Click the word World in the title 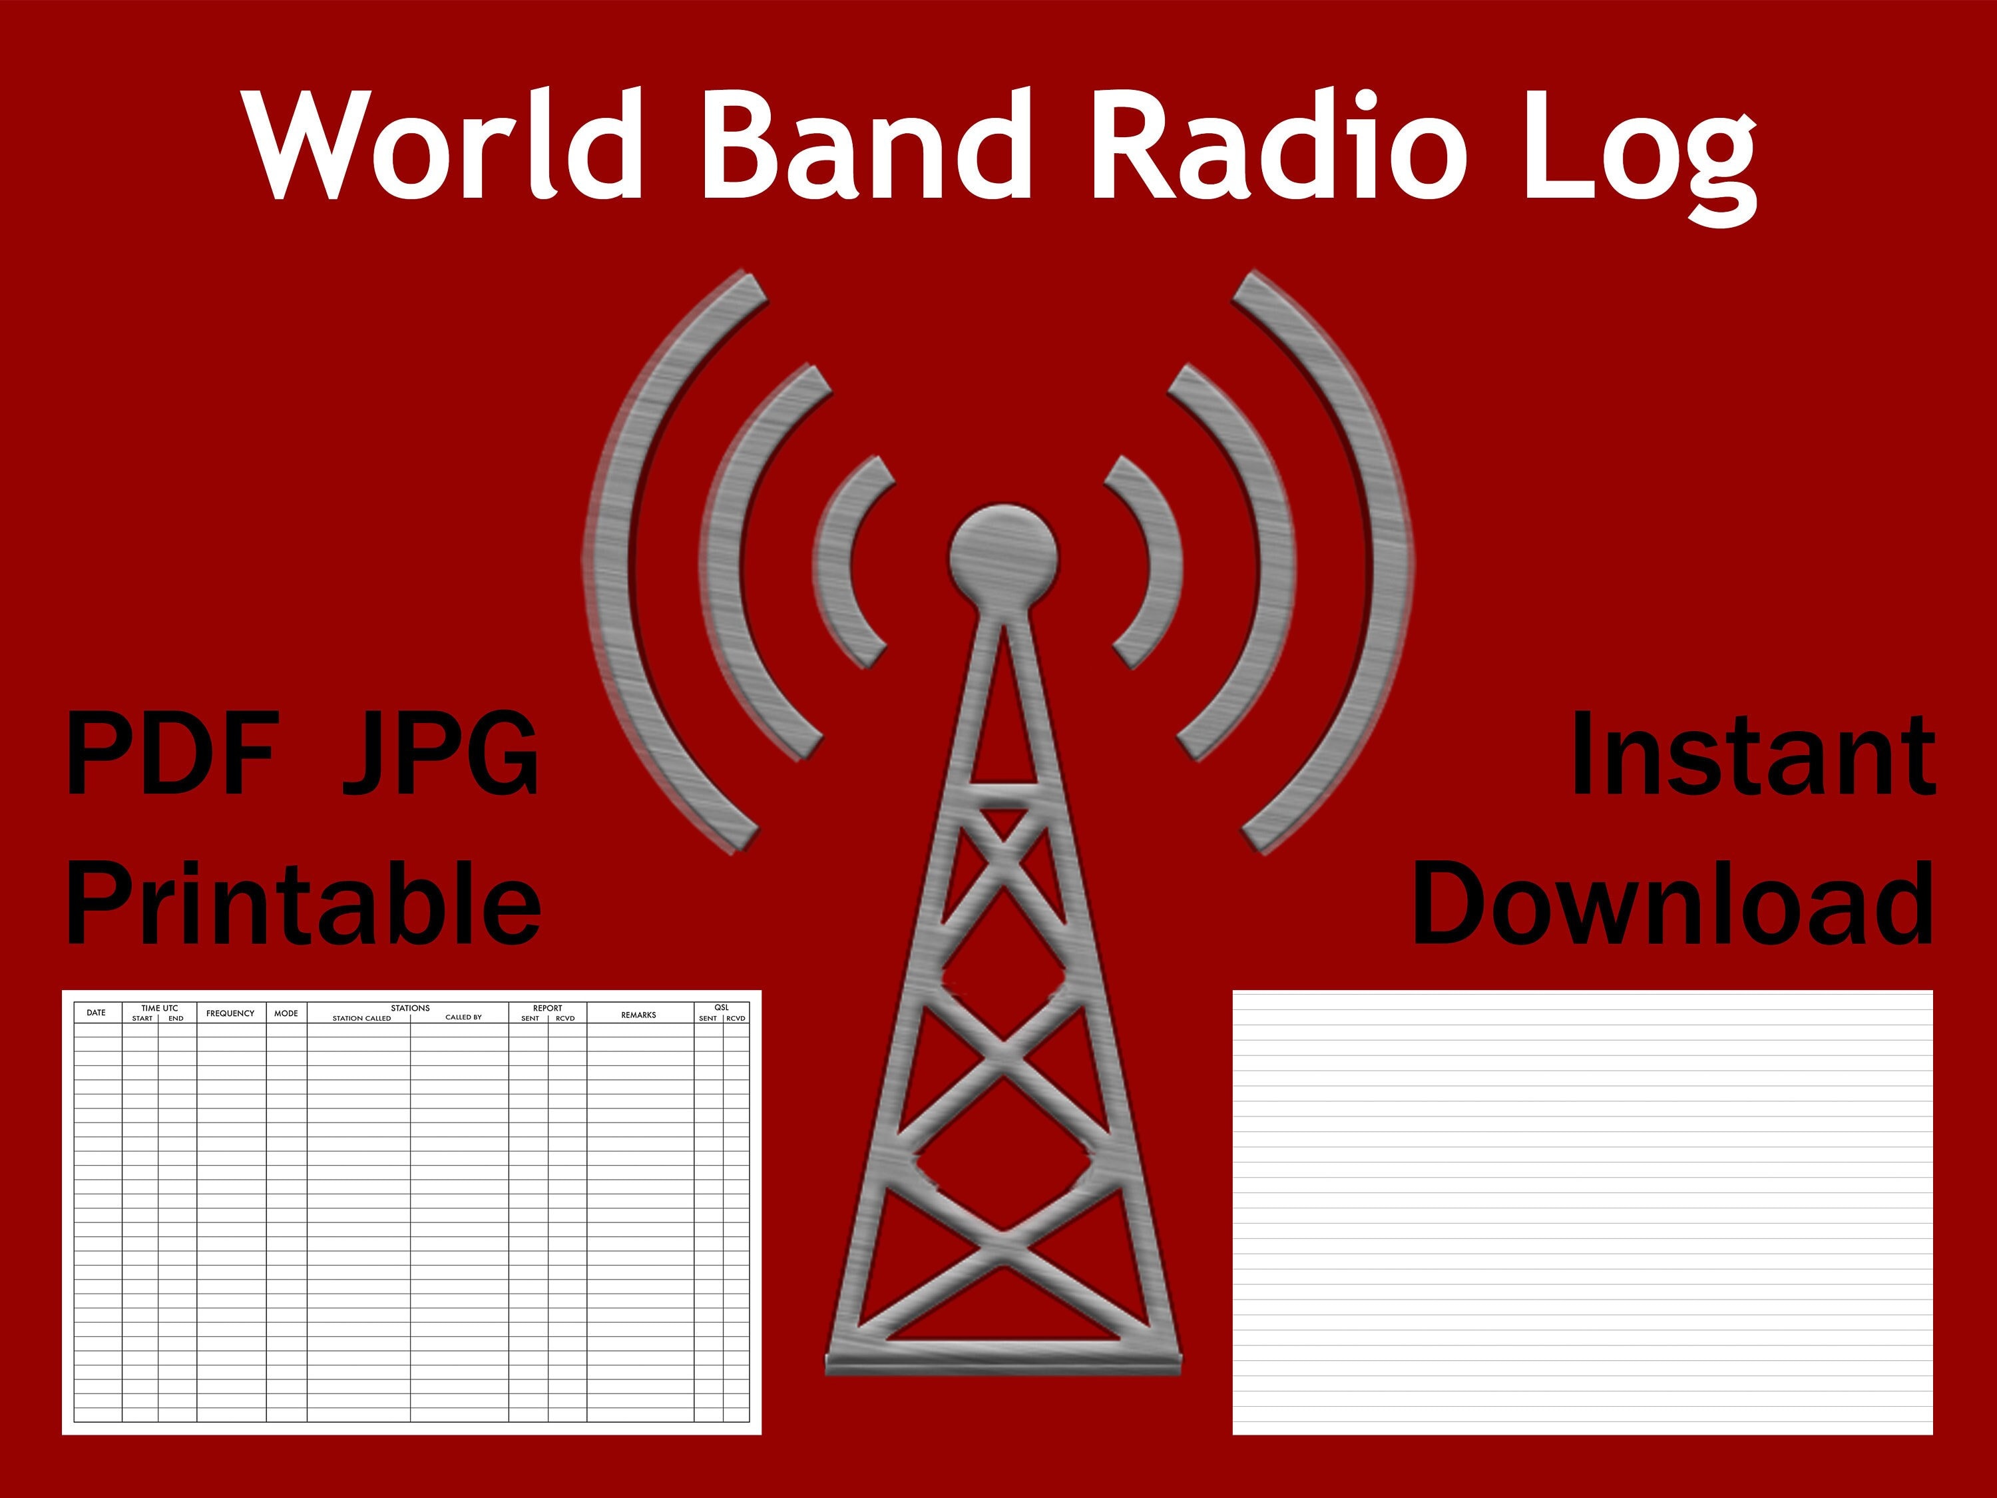[x=443, y=144]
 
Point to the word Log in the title [x=1640, y=154]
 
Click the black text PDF [x=172, y=754]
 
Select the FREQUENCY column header [x=230, y=1013]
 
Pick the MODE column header [x=286, y=1013]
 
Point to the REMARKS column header [x=638, y=1015]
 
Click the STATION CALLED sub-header [x=361, y=1019]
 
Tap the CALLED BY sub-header [x=463, y=1017]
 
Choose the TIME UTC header [x=160, y=1008]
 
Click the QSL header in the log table [x=722, y=1008]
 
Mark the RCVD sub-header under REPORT [x=565, y=1019]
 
